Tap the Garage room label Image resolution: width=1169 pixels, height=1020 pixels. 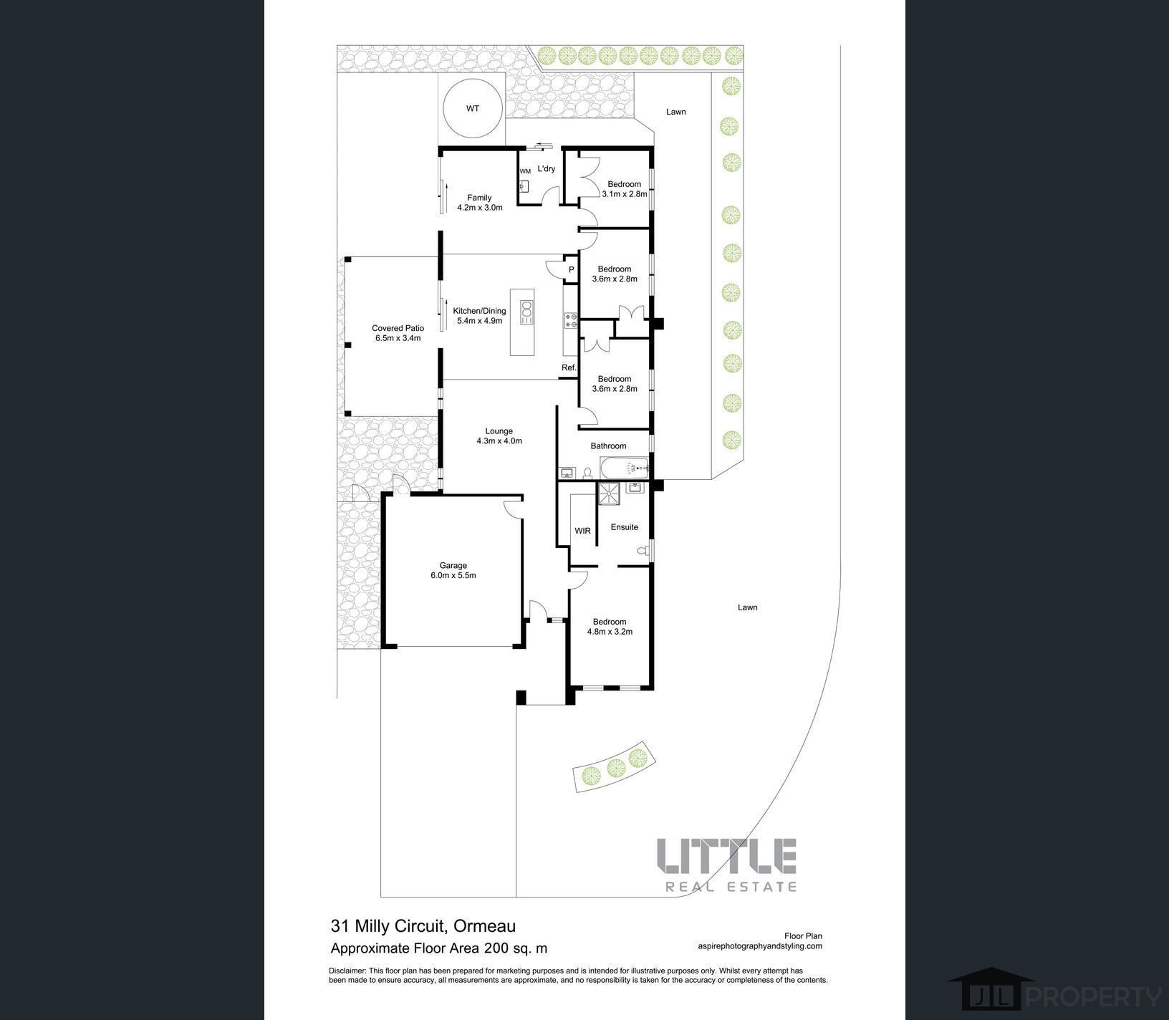(453, 566)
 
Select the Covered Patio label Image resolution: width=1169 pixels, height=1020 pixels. (398, 328)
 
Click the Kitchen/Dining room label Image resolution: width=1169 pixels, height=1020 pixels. (479, 311)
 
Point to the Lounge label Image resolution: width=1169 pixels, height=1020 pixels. (499, 431)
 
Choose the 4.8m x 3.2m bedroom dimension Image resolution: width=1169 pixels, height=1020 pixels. (610, 632)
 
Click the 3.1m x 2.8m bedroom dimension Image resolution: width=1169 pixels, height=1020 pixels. (625, 194)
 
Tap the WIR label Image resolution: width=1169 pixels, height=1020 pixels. (582, 531)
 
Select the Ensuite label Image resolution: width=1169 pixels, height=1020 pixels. (624, 527)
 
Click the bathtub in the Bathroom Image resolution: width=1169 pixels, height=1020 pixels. (624, 468)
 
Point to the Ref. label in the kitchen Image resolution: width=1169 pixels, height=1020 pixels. (569, 367)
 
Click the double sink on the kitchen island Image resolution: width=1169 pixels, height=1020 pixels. (526, 312)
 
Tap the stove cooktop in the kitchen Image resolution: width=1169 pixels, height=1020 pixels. (571, 320)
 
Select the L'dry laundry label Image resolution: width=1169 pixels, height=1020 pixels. (547, 169)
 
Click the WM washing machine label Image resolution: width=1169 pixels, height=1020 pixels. (525, 171)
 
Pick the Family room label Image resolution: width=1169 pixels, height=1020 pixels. (479, 198)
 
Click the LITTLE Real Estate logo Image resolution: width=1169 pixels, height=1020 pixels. (726, 865)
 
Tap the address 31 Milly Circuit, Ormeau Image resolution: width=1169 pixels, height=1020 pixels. (423, 926)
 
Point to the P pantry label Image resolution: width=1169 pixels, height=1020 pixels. (571, 269)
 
